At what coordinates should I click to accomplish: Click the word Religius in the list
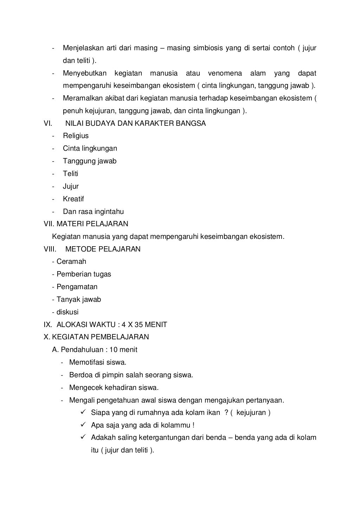coord(76,136)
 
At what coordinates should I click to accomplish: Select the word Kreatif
coord(73,199)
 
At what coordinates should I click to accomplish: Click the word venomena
coord(225,73)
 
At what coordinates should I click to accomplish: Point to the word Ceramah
coord(71,262)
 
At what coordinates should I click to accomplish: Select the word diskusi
coord(67,312)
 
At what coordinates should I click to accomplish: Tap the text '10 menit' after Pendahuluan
coord(123,350)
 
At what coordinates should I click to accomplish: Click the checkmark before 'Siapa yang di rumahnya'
coord(84,412)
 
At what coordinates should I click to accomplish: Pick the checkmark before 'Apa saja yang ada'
coord(84,425)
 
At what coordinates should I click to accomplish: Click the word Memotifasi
coord(86,363)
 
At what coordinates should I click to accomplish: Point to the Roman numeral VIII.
coord(50,249)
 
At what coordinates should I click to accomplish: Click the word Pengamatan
coord(77,287)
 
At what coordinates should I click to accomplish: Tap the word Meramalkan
coord(82,98)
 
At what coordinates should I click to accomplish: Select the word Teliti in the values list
coord(70,174)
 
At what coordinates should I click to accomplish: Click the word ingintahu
coord(109,212)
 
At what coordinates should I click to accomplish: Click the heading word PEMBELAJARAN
coord(120,337)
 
